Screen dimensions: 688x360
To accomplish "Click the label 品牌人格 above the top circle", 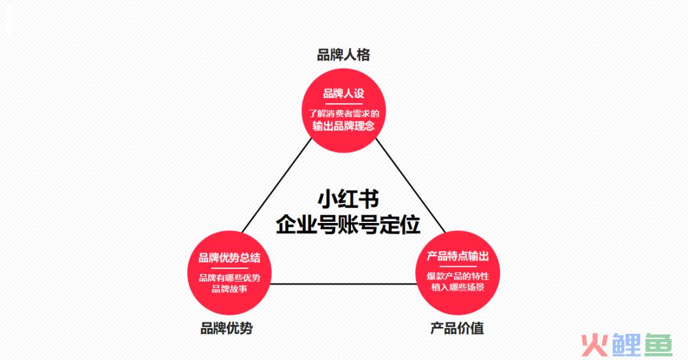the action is (343, 55).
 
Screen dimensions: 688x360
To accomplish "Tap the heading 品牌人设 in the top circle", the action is (343, 94).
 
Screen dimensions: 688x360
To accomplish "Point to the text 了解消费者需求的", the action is (343, 113).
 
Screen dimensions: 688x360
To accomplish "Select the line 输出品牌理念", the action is (343, 126).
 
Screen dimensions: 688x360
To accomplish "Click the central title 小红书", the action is (348, 199).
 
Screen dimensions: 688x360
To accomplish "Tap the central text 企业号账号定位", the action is (348, 224).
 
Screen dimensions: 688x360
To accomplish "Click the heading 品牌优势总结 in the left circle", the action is (229, 257).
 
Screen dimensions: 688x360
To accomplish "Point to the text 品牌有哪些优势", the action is (229, 278).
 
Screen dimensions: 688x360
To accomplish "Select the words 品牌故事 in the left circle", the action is (229, 289).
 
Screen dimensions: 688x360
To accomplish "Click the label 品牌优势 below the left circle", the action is (226, 328).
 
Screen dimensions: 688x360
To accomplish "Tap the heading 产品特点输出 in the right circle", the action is (457, 256).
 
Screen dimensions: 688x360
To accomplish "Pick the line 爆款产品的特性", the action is (457, 276).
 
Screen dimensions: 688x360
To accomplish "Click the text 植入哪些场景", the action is (457, 287).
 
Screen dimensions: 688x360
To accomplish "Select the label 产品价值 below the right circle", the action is (457, 328).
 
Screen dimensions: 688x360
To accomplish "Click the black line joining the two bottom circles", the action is (343, 284).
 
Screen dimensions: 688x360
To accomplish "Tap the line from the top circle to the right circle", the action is (411, 185).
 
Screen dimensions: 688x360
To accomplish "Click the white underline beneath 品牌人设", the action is (343, 104).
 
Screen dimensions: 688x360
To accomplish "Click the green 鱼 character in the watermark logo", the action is (657, 345).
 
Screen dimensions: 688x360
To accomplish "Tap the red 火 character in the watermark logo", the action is (594, 345).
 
